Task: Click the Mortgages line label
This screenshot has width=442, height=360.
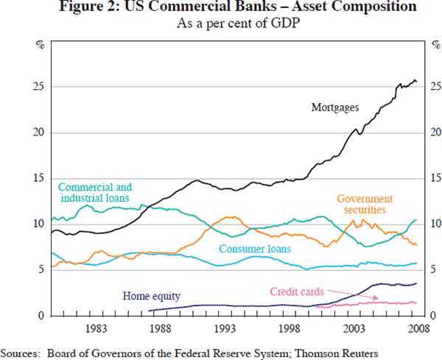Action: pos(334,107)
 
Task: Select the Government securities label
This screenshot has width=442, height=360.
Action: pos(365,205)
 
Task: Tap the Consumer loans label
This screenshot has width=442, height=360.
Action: pos(253,249)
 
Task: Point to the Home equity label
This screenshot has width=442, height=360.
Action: pos(151,297)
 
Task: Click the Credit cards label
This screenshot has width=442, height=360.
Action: pos(296,291)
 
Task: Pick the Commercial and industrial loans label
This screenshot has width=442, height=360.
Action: pos(94,192)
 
